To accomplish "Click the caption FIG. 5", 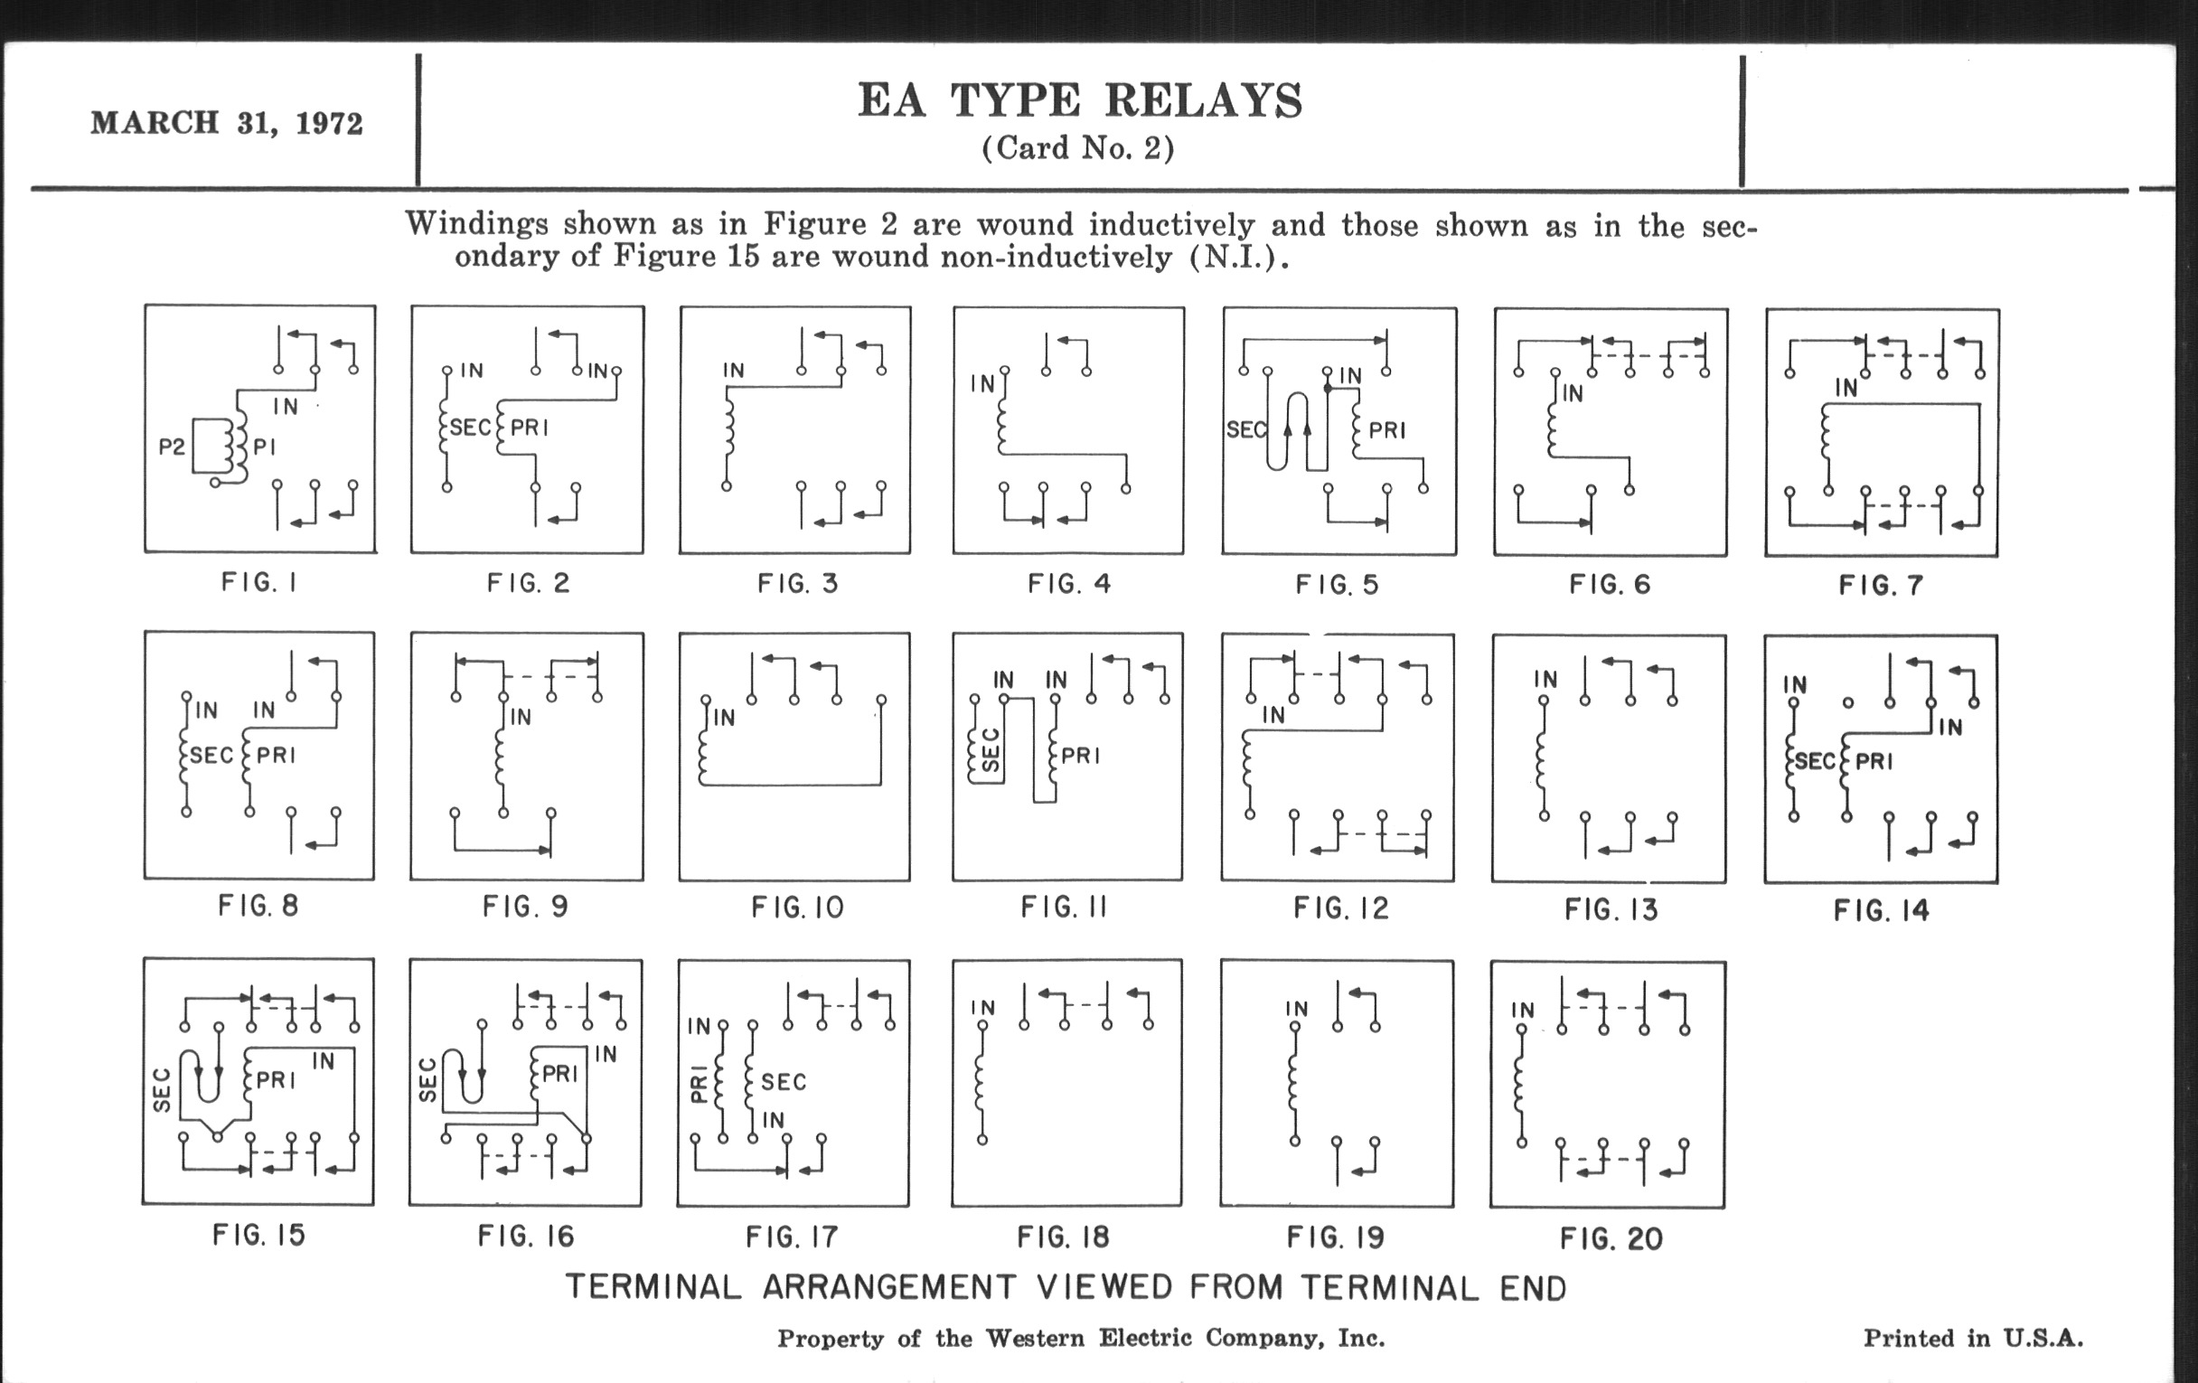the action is tap(1338, 584).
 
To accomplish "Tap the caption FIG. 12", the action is tap(1341, 908).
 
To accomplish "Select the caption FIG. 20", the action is tap(1611, 1238).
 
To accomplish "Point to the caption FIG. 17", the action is tap(792, 1237).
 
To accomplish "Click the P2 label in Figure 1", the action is tap(172, 447).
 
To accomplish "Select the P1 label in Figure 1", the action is tap(264, 447).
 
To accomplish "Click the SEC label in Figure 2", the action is tap(470, 428).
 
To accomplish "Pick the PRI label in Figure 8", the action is tap(276, 755).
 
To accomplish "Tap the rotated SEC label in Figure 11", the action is tap(991, 750).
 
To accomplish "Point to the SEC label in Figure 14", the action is tap(1815, 760).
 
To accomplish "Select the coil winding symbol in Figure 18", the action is tap(982, 1083).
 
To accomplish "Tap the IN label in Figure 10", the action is tap(724, 719).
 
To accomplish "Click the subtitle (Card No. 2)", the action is tap(1078, 148).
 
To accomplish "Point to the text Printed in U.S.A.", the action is tap(1974, 1339).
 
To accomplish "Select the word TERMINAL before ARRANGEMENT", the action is tap(653, 1288).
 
